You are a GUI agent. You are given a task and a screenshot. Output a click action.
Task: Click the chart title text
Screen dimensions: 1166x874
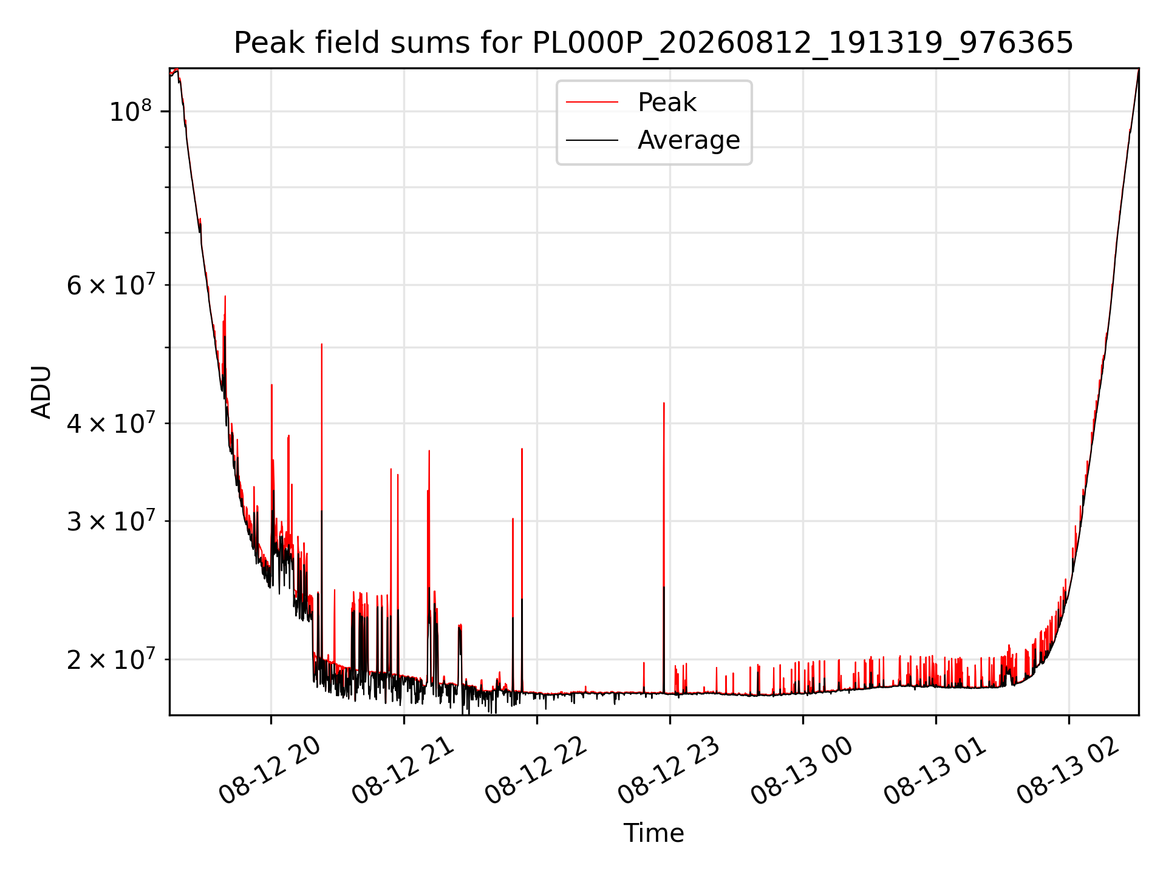(653, 43)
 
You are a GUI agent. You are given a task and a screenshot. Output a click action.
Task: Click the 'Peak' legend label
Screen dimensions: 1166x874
(667, 103)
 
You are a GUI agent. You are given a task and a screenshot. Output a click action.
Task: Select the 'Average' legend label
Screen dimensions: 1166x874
(689, 140)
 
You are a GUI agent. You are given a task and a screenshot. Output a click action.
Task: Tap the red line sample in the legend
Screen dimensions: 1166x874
(592, 103)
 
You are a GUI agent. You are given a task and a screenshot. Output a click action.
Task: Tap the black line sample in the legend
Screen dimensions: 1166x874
(592, 140)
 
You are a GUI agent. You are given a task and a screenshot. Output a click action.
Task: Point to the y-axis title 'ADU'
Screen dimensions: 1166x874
(41, 392)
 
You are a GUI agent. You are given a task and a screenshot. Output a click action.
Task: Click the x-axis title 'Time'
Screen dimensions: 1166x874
(653, 833)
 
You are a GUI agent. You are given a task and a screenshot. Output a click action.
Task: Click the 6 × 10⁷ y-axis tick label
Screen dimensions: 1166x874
(111, 285)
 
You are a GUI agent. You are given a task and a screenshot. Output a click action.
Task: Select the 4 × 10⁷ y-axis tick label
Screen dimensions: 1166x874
(111, 423)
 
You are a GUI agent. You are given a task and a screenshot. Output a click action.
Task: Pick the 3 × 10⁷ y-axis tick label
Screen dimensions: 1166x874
(111, 521)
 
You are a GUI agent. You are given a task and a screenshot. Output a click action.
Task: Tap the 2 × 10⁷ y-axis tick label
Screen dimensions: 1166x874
(111, 659)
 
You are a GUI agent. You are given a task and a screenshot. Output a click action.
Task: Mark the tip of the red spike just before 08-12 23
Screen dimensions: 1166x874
(664, 402)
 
